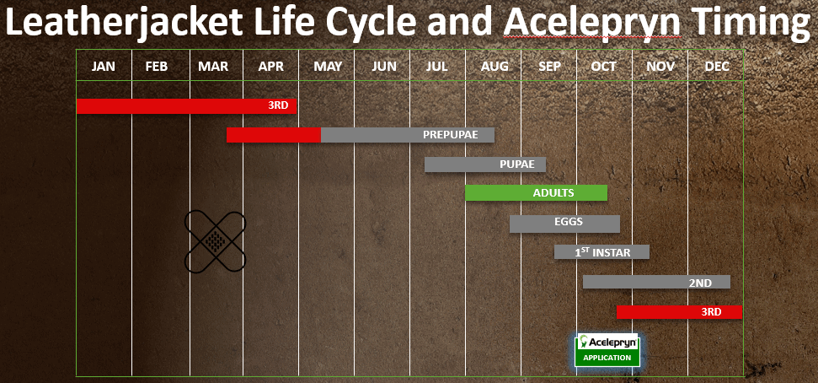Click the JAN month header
pyautogui.click(x=104, y=67)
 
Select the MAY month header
pyautogui.click(x=328, y=67)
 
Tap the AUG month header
pyautogui.click(x=494, y=67)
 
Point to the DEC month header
pyautogui.click(x=717, y=67)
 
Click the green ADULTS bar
pyautogui.click(x=537, y=193)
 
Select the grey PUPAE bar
pyautogui.click(x=485, y=164)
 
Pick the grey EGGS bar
pyautogui.click(x=564, y=224)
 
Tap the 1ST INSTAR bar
pyautogui.click(x=601, y=252)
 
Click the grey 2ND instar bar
pyautogui.click(x=656, y=282)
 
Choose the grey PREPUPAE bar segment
pyautogui.click(x=408, y=135)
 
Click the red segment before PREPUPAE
pyautogui.click(x=273, y=135)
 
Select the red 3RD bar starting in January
pyautogui.click(x=186, y=106)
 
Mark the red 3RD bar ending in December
pyautogui.click(x=679, y=312)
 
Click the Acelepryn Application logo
pyautogui.click(x=607, y=350)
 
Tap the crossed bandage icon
pyautogui.click(x=215, y=241)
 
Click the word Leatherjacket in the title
pyautogui.click(x=125, y=24)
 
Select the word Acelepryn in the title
pyautogui.click(x=592, y=24)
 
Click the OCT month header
pyautogui.click(x=603, y=67)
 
